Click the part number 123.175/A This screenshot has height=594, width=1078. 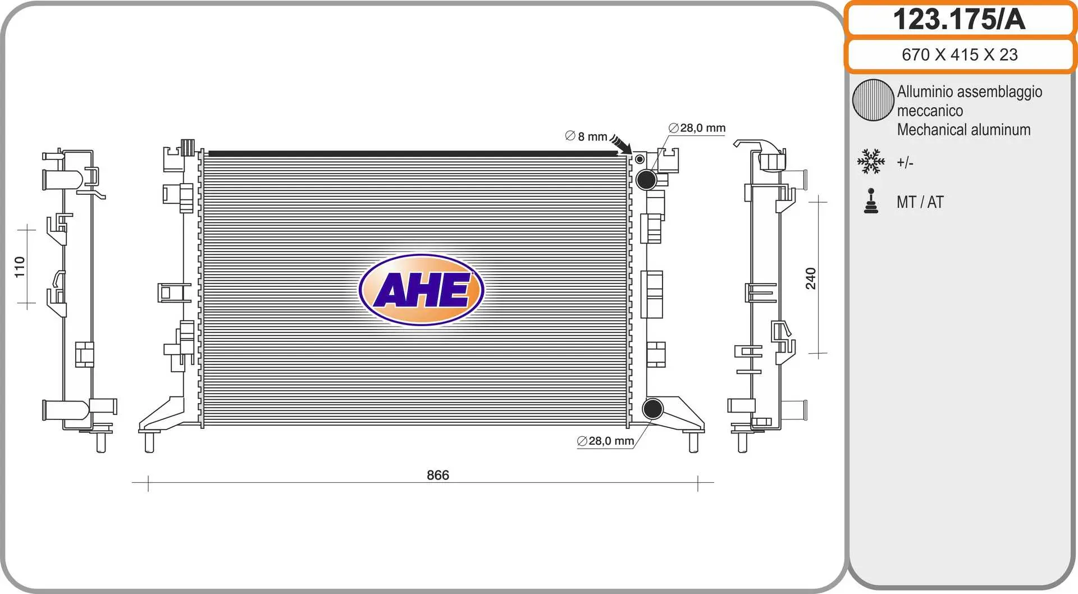(x=959, y=19)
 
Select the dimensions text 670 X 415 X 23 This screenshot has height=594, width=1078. (x=960, y=54)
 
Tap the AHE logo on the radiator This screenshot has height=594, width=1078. (x=422, y=290)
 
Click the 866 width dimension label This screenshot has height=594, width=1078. (x=438, y=475)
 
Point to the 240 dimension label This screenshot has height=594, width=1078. (x=811, y=278)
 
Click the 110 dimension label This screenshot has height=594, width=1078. (x=20, y=267)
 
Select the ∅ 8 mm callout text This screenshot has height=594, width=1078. (x=586, y=136)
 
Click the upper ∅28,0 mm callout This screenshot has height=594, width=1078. (x=697, y=128)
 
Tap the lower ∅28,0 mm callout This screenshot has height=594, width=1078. (x=605, y=441)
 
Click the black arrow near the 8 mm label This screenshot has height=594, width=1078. (x=622, y=144)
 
